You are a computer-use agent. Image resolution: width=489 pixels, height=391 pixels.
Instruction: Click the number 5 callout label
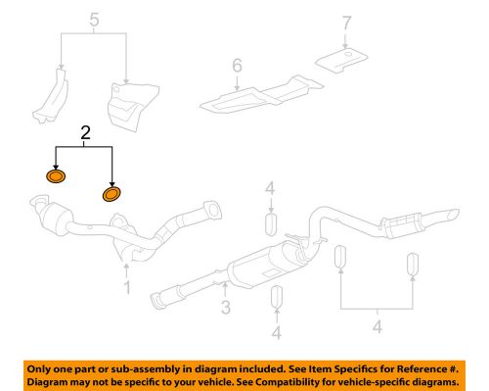point(94,20)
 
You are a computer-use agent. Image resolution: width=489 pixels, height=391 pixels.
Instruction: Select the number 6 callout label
point(236,66)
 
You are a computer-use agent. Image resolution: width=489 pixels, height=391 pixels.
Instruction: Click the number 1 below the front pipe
point(125,288)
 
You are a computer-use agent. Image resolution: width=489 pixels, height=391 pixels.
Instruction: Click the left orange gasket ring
point(57,177)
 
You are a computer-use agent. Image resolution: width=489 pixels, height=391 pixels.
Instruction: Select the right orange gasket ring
point(112,194)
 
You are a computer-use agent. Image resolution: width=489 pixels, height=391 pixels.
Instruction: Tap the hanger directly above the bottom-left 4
point(277,296)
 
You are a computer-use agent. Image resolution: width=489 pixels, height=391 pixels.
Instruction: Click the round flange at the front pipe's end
point(208,209)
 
